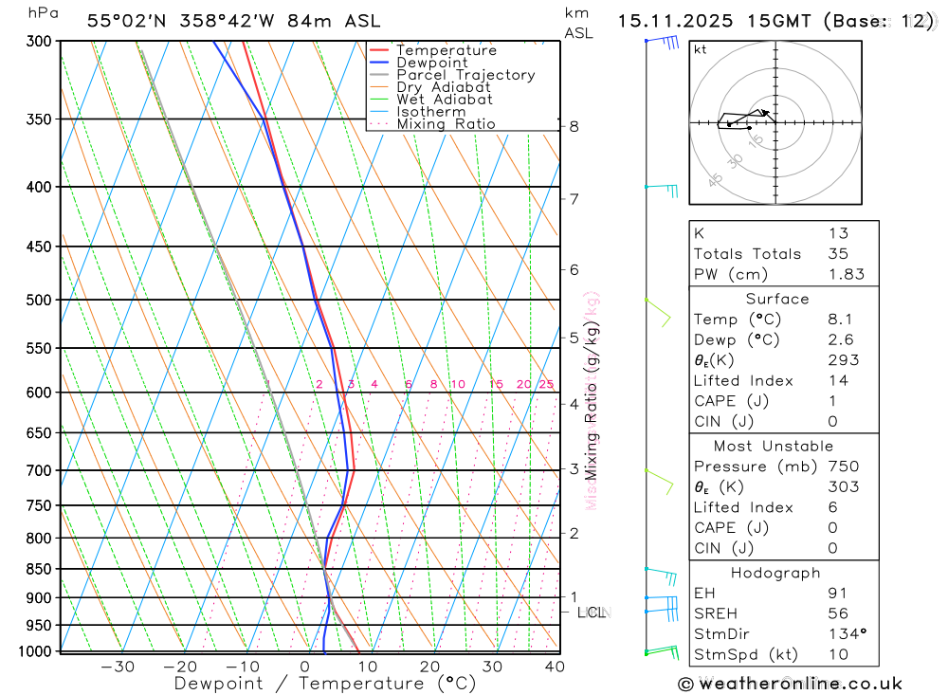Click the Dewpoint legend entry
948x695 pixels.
tap(431, 63)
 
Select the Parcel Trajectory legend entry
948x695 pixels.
tap(465, 75)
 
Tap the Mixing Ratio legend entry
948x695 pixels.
tap(446, 123)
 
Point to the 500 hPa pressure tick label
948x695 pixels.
tap(39, 300)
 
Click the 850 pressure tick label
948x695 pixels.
tap(39, 569)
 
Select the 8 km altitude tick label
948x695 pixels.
tap(574, 126)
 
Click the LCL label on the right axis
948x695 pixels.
tap(592, 613)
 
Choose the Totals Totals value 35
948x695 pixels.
tap(837, 253)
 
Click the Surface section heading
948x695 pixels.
tap(777, 299)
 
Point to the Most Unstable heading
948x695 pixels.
tap(775, 446)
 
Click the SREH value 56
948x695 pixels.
tap(837, 613)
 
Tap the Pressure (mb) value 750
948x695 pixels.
tap(843, 466)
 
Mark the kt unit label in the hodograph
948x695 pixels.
tap(700, 49)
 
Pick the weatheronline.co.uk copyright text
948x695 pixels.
tap(791, 684)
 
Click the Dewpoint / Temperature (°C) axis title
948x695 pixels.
tap(325, 684)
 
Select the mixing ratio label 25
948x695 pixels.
tap(546, 384)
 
